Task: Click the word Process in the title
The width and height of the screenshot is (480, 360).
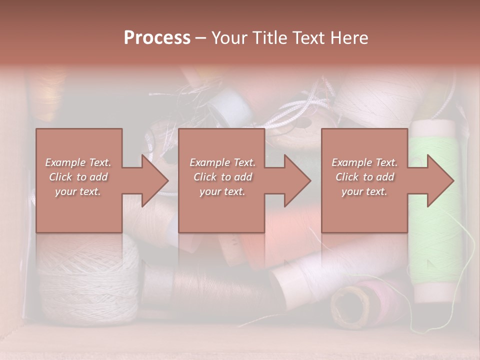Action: tap(157, 37)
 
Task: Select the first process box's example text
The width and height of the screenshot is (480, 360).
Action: tap(78, 176)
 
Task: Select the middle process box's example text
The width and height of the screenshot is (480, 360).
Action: tap(222, 176)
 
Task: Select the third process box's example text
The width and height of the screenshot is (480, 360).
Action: tap(364, 176)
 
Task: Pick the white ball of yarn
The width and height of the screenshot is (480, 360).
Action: tap(87, 275)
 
